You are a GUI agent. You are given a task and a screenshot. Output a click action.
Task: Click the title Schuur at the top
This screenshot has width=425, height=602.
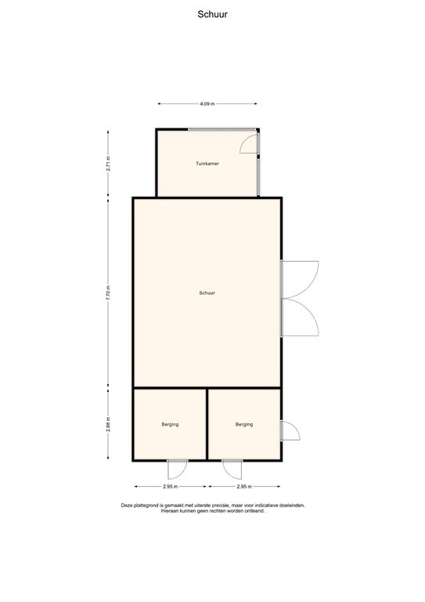click(x=212, y=13)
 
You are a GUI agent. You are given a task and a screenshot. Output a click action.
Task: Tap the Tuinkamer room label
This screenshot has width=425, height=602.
click(x=207, y=163)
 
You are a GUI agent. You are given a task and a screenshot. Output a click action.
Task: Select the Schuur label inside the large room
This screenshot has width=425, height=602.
click(x=207, y=292)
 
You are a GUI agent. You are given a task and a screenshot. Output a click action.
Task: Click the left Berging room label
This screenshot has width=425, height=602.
click(x=170, y=424)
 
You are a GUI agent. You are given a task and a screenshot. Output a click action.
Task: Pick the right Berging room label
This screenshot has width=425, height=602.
click(x=244, y=424)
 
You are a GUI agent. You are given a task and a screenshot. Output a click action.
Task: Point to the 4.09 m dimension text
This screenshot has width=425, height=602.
click(x=207, y=103)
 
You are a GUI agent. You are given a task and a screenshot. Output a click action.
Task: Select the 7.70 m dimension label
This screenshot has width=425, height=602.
click(x=109, y=292)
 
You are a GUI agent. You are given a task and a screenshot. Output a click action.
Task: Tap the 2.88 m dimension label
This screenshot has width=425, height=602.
click(x=109, y=424)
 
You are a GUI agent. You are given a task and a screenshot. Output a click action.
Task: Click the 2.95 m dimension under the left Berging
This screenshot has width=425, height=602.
click(x=170, y=487)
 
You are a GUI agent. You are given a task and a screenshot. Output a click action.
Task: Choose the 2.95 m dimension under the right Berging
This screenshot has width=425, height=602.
click(x=244, y=487)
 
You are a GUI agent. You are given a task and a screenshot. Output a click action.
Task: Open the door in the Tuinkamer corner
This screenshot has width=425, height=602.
click(x=250, y=144)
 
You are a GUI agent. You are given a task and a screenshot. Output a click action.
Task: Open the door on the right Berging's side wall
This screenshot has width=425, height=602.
click(x=289, y=431)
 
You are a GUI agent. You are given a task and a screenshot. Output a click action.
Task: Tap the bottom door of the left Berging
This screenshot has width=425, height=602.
click(x=177, y=469)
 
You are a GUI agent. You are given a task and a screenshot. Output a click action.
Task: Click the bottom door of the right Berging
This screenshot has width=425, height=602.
click(x=232, y=469)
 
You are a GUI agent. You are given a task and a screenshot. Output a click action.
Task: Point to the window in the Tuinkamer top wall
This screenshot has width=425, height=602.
click(x=221, y=129)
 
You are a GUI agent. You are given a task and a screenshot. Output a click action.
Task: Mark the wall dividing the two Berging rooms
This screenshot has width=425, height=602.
click(x=207, y=424)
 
